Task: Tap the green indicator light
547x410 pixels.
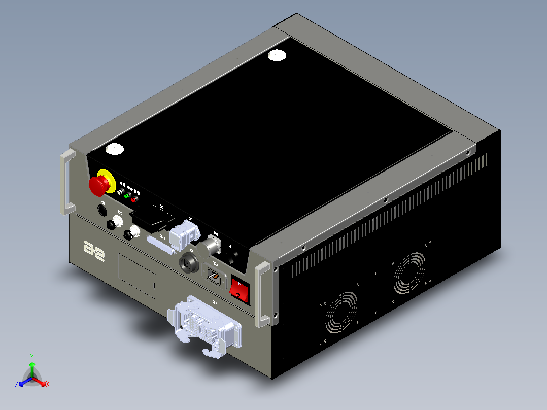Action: point(127,195)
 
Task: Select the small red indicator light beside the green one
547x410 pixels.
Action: point(134,199)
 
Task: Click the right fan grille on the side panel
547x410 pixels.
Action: point(409,274)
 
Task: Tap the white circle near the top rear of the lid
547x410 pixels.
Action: point(277,55)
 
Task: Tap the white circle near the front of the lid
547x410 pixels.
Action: point(115,149)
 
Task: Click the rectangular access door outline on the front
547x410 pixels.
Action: point(136,275)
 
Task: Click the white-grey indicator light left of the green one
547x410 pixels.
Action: point(120,192)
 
